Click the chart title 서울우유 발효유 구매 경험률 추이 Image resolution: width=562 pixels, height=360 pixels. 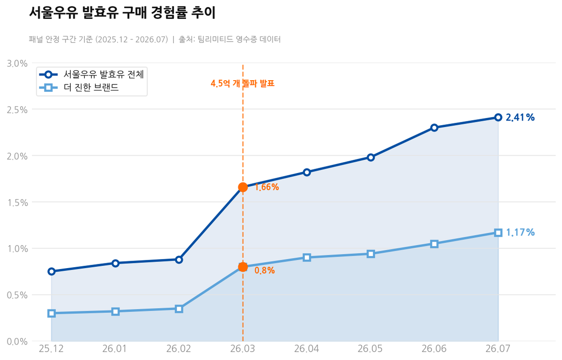tap(122, 13)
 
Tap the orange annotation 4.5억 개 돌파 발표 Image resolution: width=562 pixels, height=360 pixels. tap(243, 83)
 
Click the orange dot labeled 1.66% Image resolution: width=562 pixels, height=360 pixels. tap(243, 187)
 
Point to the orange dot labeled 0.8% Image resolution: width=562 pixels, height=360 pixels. tap(243, 267)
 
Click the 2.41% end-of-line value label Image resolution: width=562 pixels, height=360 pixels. tap(520, 117)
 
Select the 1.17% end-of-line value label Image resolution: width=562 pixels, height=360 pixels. tap(520, 232)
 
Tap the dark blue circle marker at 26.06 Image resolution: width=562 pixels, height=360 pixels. tap(435, 127)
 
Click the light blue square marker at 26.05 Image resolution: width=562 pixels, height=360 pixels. tap(370, 254)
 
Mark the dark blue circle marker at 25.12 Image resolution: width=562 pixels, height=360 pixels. tap(52, 271)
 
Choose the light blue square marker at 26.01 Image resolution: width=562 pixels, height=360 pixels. tap(115, 312)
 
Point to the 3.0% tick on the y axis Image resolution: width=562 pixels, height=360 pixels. tap(17, 63)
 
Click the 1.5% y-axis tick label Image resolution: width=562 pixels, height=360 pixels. tap(17, 202)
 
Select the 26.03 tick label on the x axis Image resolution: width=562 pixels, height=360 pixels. tap(243, 349)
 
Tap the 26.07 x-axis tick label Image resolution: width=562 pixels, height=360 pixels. tap(498, 349)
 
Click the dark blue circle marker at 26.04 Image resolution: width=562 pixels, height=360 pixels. tap(307, 172)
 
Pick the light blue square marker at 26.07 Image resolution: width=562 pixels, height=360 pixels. tap(498, 232)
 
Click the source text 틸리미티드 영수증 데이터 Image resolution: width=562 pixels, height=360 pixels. tap(239, 39)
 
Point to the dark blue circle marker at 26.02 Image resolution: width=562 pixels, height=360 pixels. tap(179, 260)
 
